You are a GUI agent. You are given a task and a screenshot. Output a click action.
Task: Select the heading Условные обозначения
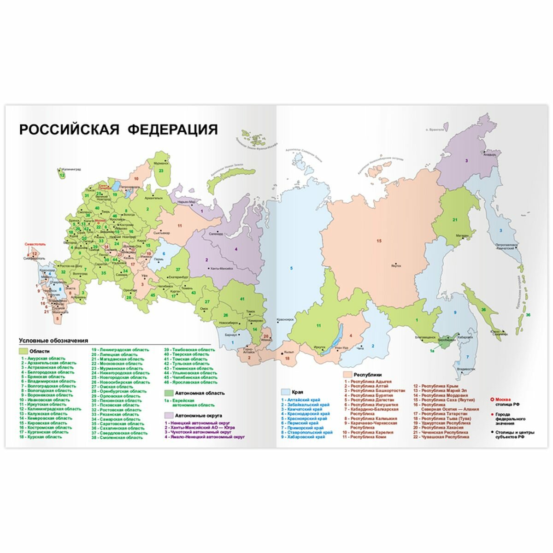[x=53, y=341]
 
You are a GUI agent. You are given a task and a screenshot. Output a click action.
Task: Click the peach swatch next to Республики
[x=347, y=375]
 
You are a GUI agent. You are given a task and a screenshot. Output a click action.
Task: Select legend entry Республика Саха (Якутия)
[x=442, y=400]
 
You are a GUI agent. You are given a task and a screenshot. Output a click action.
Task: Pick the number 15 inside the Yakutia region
[x=380, y=241]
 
